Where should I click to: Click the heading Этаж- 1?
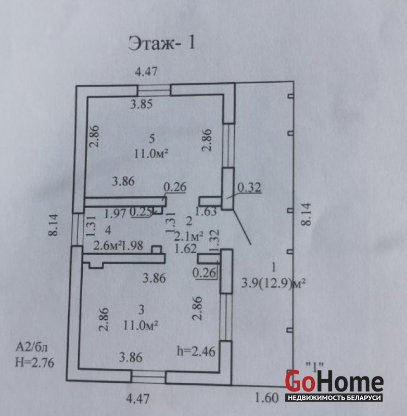click(x=162, y=43)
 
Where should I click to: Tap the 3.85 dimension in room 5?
click(x=141, y=104)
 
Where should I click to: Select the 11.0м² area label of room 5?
click(x=151, y=153)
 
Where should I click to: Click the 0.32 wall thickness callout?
click(x=249, y=188)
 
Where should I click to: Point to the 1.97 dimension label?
click(x=115, y=213)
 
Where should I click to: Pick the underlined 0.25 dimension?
click(x=141, y=212)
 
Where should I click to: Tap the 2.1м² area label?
click(x=189, y=236)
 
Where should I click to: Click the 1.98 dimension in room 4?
click(x=133, y=245)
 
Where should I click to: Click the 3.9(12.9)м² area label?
click(x=273, y=283)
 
